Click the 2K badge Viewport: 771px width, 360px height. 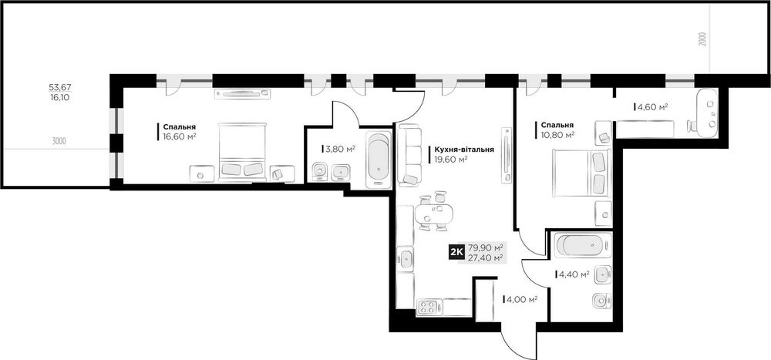pos(456,252)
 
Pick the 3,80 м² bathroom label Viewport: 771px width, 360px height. pos(340,149)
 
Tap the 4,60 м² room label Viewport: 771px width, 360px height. pos(652,106)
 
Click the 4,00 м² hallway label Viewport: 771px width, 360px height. pos(520,298)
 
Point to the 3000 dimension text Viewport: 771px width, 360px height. pos(59,142)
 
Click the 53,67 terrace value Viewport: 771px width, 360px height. pos(60,87)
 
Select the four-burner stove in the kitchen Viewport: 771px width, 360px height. pos(426,308)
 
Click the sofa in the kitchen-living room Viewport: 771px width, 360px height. pos(409,155)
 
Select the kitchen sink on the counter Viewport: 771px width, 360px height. pos(406,259)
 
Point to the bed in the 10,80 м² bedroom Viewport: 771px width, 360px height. pos(581,173)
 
